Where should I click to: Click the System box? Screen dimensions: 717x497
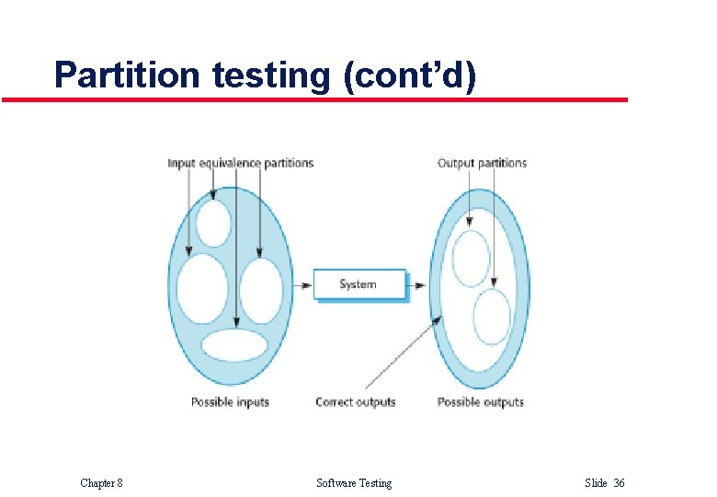pyautogui.click(x=358, y=284)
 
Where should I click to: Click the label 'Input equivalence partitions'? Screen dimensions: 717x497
pyautogui.click(x=240, y=164)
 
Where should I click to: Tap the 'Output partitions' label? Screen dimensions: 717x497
pyautogui.click(x=482, y=164)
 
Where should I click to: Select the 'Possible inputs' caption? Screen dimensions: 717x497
pyautogui.click(x=230, y=402)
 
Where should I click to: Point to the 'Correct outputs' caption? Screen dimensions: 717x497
pyautogui.click(x=355, y=402)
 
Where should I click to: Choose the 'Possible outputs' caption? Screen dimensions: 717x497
pyautogui.click(x=480, y=402)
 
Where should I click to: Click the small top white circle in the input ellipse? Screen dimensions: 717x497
pyautogui.click(x=213, y=223)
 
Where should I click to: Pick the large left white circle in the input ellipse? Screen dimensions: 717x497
pyautogui.click(x=202, y=288)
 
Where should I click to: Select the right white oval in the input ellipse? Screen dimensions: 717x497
pyautogui.click(x=261, y=290)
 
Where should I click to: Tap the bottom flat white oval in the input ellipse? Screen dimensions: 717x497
pyautogui.click(x=234, y=345)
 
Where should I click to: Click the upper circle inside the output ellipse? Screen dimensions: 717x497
pyautogui.click(x=472, y=258)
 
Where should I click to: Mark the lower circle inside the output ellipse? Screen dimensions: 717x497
pyautogui.click(x=492, y=318)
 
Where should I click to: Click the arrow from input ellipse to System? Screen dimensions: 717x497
pyautogui.click(x=302, y=285)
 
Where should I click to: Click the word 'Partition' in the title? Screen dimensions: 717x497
pyautogui.click(x=126, y=75)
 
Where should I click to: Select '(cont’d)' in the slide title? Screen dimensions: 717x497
pyautogui.click(x=409, y=75)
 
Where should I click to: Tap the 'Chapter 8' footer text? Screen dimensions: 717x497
pyautogui.click(x=101, y=483)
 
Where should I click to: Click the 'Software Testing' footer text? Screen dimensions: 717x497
pyautogui.click(x=354, y=483)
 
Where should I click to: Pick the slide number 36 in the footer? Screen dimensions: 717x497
pyautogui.click(x=619, y=483)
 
